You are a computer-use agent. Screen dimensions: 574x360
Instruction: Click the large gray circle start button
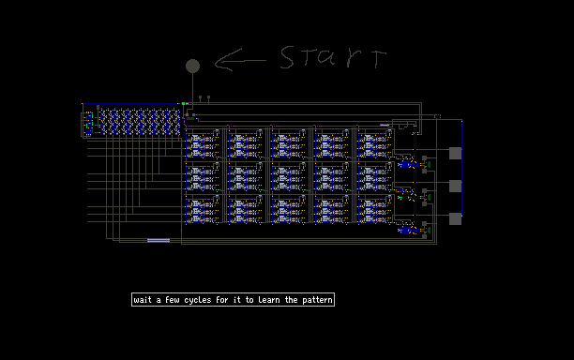[192, 67]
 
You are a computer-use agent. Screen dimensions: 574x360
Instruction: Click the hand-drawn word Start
[333, 58]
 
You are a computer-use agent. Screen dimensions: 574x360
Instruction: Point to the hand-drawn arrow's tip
[216, 63]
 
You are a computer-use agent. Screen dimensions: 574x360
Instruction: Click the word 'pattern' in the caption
[317, 300]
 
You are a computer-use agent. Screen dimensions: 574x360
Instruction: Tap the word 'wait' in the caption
[143, 300]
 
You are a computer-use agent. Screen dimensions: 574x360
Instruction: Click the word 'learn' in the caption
[269, 300]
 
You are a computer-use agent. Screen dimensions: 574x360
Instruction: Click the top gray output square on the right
[455, 154]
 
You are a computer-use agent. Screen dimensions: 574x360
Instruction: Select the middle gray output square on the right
[455, 186]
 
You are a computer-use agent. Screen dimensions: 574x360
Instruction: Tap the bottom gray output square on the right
[455, 218]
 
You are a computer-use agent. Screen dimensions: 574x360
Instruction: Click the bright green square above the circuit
[183, 103]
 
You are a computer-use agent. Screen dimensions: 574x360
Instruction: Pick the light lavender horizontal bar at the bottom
[159, 240]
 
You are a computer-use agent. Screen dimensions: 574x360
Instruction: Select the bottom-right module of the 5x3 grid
[375, 209]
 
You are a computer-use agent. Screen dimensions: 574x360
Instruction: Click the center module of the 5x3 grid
[289, 177]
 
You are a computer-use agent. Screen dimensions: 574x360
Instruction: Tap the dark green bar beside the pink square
[190, 118]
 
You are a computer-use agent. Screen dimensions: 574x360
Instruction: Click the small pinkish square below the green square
[187, 114]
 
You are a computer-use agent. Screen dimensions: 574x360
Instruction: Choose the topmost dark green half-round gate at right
[429, 165]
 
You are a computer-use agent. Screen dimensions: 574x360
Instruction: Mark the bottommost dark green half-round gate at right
[429, 230]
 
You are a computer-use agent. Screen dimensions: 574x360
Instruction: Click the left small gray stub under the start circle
[200, 97]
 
